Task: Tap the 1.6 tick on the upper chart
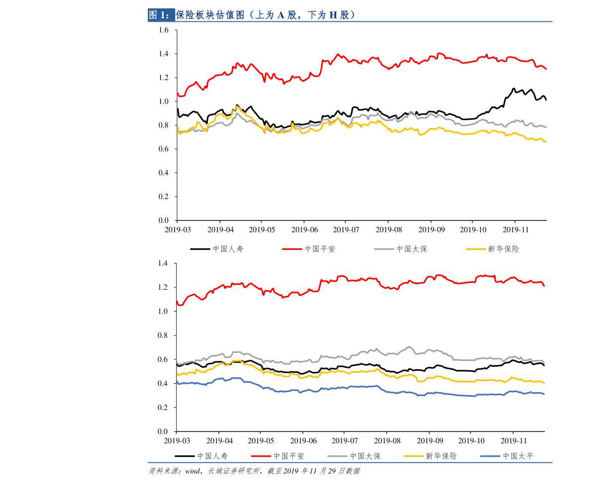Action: [x=164, y=30]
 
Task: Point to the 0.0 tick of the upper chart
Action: [x=164, y=220]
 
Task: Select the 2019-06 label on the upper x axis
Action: [x=305, y=230]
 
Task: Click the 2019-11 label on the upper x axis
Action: [x=516, y=230]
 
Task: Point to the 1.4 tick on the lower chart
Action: [x=164, y=263]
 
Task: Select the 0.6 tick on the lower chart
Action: [x=164, y=359]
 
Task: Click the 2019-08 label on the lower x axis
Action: [x=387, y=441]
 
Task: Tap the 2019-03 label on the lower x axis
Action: [x=177, y=441]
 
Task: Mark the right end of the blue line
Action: [x=544, y=394]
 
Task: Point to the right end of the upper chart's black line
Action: [x=546, y=100]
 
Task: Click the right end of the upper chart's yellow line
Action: [x=546, y=141]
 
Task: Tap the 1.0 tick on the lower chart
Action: [x=164, y=311]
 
